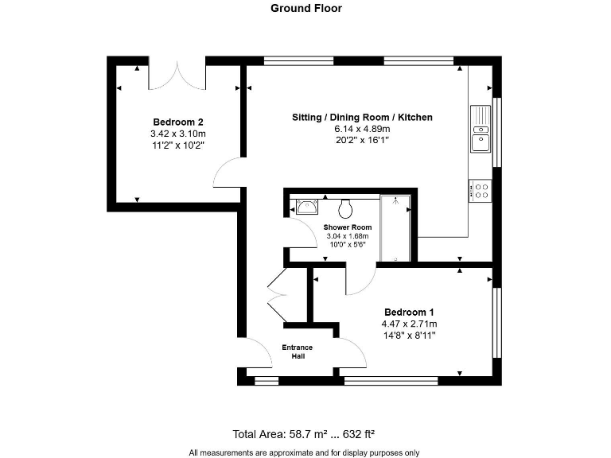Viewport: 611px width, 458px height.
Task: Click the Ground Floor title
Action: click(x=305, y=9)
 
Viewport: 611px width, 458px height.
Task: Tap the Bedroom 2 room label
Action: click(x=177, y=122)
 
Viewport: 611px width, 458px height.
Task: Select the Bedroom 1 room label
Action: click(x=409, y=312)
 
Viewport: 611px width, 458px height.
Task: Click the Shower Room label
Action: click(x=348, y=227)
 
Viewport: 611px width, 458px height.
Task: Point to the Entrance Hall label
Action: click(x=298, y=351)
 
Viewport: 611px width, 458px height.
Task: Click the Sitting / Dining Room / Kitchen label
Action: click(x=362, y=117)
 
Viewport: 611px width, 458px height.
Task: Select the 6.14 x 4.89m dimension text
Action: click(x=362, y=129)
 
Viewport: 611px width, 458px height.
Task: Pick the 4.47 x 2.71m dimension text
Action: click(x=409, y=324)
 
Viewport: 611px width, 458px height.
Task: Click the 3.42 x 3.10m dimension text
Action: click(x=177, y=134)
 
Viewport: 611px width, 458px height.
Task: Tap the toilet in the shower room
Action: click(x=345, y=208)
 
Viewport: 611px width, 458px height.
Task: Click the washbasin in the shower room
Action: click(x=307, y=208)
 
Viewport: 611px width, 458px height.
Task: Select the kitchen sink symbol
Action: click(x=481, y=131)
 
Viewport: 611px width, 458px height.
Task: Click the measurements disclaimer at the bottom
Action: click(x=304, y=452)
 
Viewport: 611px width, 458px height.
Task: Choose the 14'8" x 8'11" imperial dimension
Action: click(x=409, y=336)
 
